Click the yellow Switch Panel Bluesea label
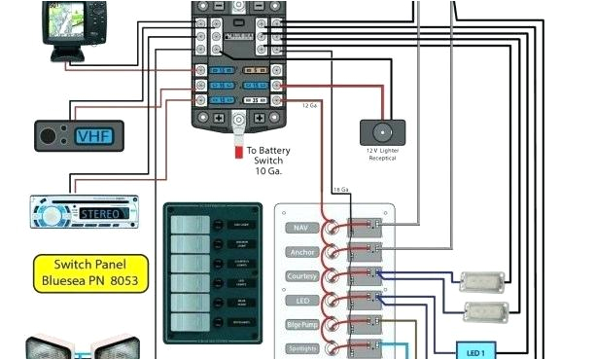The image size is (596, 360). click(92, 272)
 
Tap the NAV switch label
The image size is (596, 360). click(299, 228)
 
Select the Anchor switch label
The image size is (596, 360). click(299, 251)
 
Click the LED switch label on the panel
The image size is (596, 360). click(299, 299)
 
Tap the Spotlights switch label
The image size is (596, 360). click(299, 347)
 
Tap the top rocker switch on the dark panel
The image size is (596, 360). click(186, 226)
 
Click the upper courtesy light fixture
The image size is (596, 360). click(482, 282)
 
